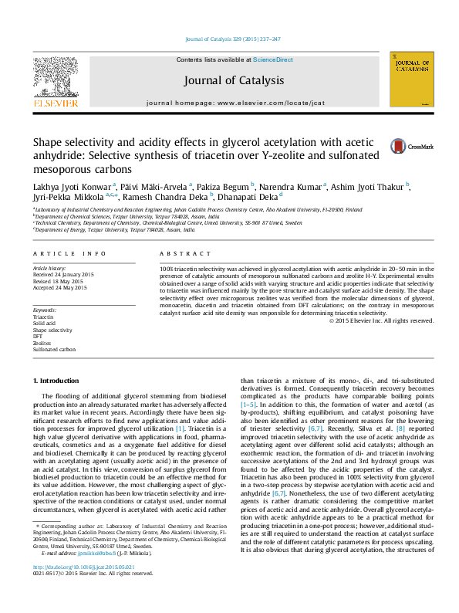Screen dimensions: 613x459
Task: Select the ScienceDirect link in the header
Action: point(273,59)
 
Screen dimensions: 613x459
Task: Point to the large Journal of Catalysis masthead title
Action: point(234,80)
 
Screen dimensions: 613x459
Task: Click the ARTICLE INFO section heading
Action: point(69,254)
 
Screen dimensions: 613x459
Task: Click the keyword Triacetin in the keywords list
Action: point(43,317)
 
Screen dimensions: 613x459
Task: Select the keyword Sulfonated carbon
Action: point(54,350)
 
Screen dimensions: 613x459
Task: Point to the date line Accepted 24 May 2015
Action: point(60,288)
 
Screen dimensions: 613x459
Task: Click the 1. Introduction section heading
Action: point(59,381)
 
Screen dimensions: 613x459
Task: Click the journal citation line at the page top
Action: point(233,39)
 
